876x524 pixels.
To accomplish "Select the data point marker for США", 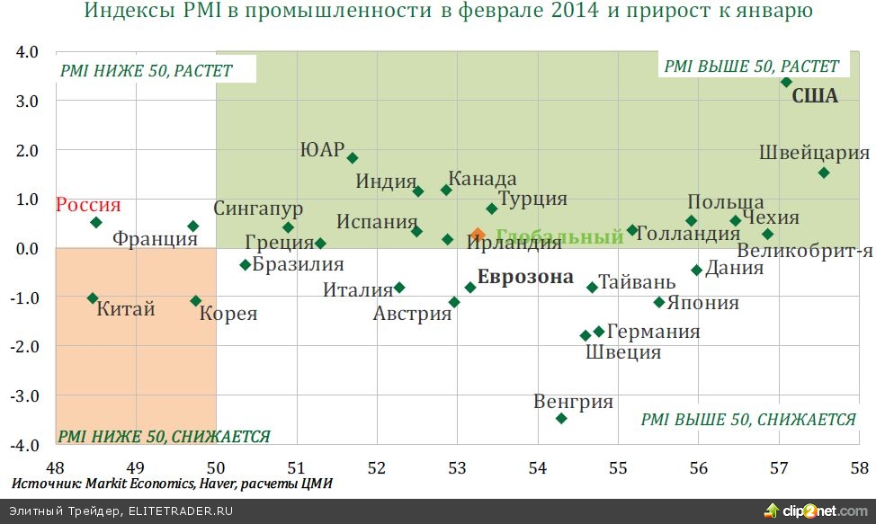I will (786, 82).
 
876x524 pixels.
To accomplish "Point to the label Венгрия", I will (574, 402).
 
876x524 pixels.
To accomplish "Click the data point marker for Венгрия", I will (561, 418).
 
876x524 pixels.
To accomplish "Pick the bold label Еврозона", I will (525, 277).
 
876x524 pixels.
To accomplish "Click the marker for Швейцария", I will (823, 173).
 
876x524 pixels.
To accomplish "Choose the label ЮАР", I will (322, 150).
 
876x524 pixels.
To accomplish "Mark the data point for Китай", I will (93, 298).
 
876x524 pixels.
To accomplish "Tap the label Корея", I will (228, 314).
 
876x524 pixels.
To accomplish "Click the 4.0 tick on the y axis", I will (28, 52).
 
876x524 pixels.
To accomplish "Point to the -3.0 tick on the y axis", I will (26, 395).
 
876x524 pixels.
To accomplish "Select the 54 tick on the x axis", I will (537, 467).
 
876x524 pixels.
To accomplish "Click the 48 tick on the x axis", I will (55, 467).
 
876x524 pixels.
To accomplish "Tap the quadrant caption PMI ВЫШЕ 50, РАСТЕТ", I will (751, 67).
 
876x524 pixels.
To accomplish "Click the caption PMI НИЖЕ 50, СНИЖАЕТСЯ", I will (165, 437).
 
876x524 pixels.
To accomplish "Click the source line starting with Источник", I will (172, 484).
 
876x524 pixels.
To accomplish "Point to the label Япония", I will (703, 303).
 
